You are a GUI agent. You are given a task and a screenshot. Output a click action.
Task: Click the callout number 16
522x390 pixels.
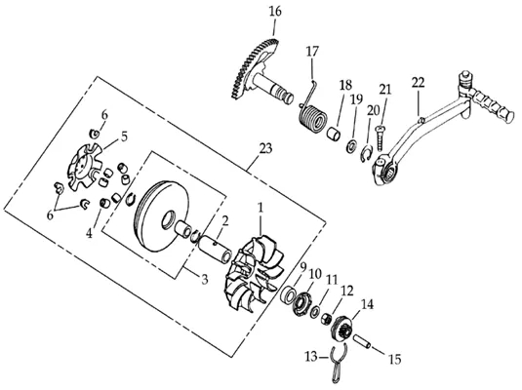pyautogui.click(x=275, y=12)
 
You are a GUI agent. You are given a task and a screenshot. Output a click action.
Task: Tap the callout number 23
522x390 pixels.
pyautogui.click(x=265, y=148)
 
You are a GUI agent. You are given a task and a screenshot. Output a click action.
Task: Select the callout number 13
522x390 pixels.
pyautogui.click(x=311, y=357)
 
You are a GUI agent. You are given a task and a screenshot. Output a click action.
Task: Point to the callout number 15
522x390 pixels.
pyautogui.click(x=394, y=360)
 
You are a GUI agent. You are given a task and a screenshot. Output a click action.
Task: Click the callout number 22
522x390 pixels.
pyautogui.click(x=419, y=83)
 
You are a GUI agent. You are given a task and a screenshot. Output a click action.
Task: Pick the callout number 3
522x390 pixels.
pyautogui.click(x=204, y=279)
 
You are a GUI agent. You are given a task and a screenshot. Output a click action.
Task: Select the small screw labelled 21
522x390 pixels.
pyautogui.click(x=380, y=137)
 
